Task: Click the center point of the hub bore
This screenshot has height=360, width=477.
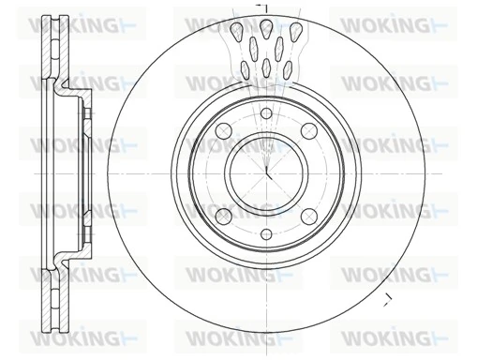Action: click(x=266, y=173)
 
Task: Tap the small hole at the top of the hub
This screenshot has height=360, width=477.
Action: click(x=266, y=114)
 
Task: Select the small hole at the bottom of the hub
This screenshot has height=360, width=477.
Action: click(x=266, y=233)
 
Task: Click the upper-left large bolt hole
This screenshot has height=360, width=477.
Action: click(x=224, y=131)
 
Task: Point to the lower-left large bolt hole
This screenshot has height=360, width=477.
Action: click(x=224, y=217)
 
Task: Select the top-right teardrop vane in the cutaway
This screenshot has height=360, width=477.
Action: click(x=295, y=31)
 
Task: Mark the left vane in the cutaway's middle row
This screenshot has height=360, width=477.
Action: click(x=253, y=47)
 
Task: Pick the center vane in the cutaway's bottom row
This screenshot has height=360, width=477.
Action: click(x=266, y=66)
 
